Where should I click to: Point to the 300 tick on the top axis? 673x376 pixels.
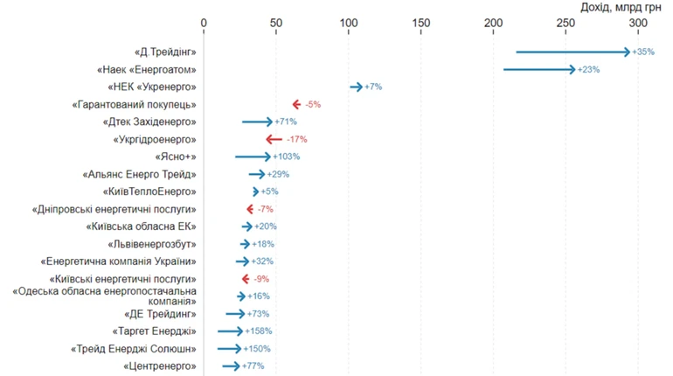(638, 23)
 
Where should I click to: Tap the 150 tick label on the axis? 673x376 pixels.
(421, 23)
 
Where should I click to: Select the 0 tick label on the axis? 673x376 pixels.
(204, 23)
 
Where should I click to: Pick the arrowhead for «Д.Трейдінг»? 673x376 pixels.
(626, 52)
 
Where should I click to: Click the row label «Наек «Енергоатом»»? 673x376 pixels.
(146, 70)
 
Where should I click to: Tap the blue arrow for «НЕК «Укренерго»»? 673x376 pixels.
(357, 87)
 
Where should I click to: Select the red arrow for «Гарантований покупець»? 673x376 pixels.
(296, 104)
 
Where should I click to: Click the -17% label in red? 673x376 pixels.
(297, 140)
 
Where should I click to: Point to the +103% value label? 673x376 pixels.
(286, 157)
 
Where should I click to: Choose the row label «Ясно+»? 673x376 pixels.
(175, 157)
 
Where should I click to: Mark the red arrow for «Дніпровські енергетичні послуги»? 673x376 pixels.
(250, 209)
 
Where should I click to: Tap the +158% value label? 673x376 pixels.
(258, 331)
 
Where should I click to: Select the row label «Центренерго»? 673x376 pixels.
(160, 366)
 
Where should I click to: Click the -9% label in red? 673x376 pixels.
(261, 279)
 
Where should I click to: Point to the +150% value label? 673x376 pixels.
(257, 349)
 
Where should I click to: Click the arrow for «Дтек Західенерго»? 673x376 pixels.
(257, 122)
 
